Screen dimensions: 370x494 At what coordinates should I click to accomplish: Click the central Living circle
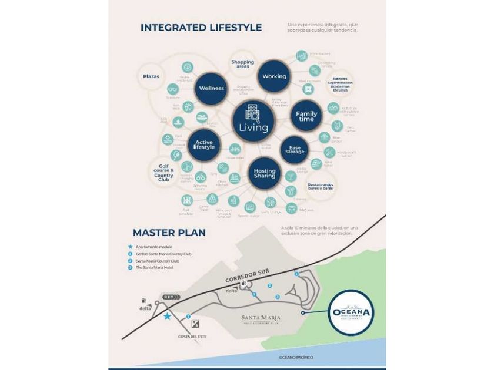253,120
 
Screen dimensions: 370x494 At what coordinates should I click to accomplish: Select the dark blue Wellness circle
211,88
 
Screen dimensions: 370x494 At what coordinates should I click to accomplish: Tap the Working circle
274,76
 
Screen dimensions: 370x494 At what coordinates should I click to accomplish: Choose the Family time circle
306,116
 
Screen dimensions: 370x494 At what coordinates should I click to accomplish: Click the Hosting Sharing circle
265,173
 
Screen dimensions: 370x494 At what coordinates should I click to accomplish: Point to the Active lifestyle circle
203,144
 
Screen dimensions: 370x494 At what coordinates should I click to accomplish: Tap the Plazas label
151,76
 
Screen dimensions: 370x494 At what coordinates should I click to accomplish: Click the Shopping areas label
242,65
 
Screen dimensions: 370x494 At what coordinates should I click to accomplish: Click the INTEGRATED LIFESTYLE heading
201,28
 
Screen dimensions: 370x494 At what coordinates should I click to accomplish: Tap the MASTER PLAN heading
169,232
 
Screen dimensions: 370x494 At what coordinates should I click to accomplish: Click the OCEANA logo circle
350,313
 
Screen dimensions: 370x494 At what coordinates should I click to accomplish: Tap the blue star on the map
168,317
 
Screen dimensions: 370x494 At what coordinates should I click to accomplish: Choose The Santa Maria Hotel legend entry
153,268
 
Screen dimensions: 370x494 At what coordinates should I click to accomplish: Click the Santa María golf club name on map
261,319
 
